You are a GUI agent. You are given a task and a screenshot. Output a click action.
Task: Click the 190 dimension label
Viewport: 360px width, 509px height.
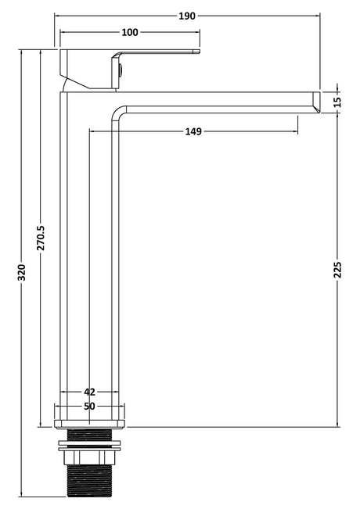click(187, 16)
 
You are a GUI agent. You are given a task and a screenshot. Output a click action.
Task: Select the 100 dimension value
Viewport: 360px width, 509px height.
click(130, 32)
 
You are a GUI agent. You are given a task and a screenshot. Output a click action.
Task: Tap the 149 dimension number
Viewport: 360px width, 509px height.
click(193, 131)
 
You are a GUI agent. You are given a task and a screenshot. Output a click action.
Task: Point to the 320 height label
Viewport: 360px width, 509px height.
click(21, 273)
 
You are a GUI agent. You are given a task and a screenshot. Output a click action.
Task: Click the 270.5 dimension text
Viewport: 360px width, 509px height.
click(41, 238)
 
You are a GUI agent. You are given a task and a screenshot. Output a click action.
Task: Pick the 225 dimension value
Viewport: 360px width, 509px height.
click(338, 270)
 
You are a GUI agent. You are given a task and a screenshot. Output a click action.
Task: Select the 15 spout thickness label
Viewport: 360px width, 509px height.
click(338, 102)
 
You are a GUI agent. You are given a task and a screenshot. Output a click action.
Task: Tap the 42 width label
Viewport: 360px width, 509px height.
click(90, 392)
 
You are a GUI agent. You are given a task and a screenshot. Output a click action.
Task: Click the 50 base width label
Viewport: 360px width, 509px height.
click(90, 406)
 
